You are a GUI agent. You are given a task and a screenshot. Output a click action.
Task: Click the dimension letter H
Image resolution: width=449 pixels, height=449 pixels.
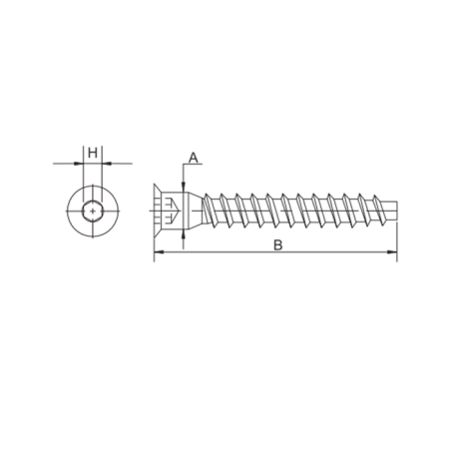pos(93,154)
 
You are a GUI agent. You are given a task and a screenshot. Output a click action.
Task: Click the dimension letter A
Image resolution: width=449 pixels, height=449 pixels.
pos(194,158)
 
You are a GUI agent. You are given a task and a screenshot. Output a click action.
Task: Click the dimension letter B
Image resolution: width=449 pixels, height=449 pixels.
pos(278,245)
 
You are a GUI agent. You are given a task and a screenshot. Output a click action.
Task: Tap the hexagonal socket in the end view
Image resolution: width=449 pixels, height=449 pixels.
pos(93,211)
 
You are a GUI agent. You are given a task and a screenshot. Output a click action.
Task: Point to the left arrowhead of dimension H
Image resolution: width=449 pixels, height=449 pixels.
pos(78,164)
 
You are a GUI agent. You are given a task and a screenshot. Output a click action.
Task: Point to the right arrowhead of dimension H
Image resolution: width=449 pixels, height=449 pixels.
pos(107,164)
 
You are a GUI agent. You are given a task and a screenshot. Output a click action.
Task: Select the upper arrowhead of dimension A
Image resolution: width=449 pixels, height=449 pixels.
pos(183,188)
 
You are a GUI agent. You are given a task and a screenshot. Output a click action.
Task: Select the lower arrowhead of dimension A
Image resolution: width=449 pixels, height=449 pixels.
pos(183,234)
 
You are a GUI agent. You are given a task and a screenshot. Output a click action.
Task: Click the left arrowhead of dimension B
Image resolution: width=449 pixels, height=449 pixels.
pos(159,252)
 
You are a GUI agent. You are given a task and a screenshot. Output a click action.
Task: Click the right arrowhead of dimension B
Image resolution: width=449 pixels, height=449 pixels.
pos(392,252)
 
